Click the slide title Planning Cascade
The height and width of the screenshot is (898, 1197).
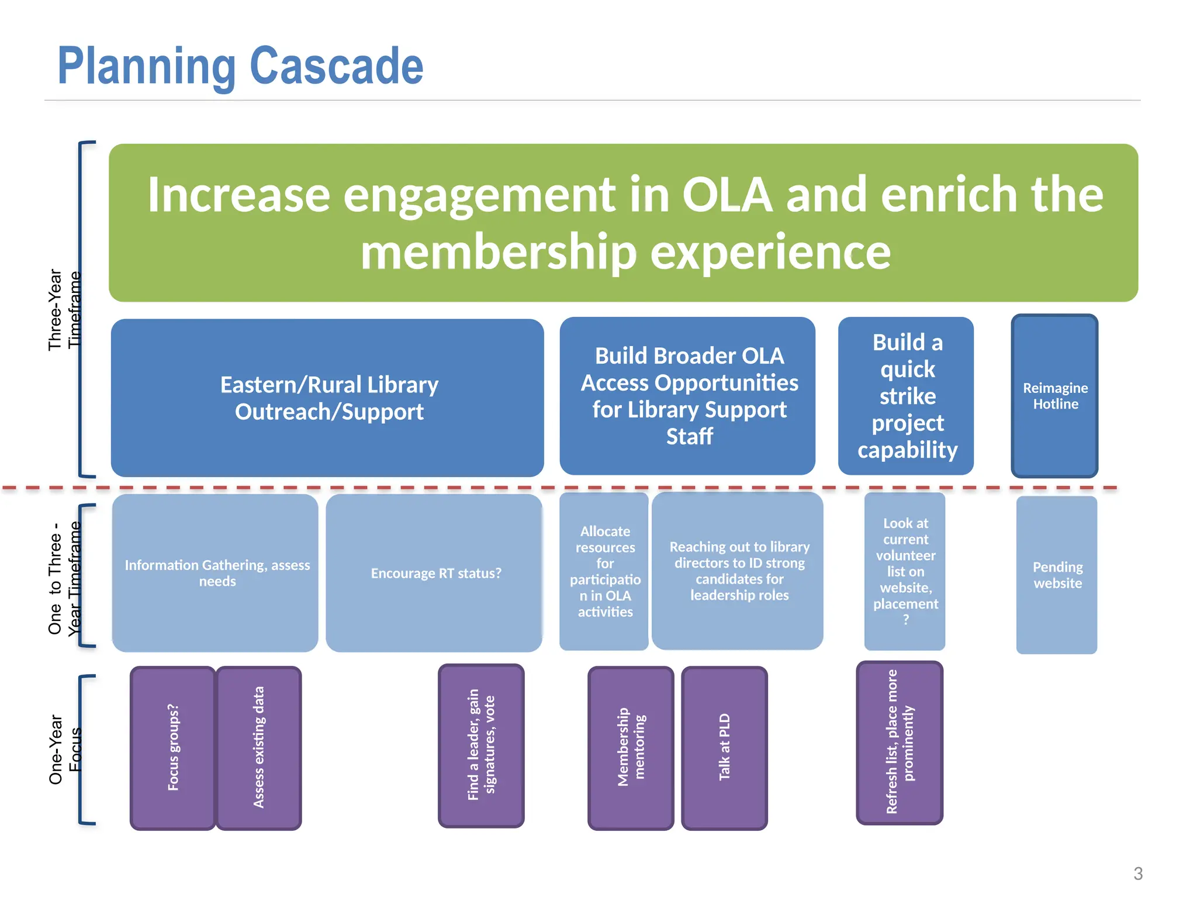[240, 66]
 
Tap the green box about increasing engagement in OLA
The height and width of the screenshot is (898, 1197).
[623, 223]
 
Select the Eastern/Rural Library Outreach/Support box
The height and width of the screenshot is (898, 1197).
[327, 398]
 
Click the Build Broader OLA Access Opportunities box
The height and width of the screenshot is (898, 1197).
[687, 396]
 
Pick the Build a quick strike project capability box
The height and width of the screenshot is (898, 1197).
[906, 396]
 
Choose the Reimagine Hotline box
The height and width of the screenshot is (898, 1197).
[1054, 396]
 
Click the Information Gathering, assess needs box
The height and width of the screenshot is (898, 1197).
[215, 573]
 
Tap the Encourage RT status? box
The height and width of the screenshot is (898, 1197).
[434, 573]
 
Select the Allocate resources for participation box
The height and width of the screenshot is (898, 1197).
[604, 571]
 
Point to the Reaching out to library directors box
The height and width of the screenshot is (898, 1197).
[738, 571]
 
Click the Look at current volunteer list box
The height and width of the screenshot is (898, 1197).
[905, 571]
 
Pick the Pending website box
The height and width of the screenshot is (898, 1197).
[1057, 575]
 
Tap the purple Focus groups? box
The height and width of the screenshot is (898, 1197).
[173, 748]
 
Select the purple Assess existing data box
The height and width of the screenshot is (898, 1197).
[259, 748]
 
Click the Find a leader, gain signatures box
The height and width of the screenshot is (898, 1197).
[481, 745]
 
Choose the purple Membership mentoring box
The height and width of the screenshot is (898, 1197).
[631, 748]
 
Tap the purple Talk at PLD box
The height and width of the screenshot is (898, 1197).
[724, 748]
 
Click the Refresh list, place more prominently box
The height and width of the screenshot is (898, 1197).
[900, 743]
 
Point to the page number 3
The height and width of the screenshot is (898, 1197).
[1137, 873]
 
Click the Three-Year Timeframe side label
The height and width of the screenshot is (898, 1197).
[64, 310]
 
